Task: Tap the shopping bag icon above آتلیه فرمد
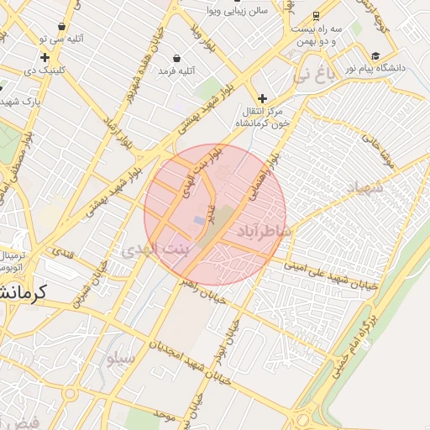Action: pos(177,58)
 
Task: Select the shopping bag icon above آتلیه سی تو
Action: pos(62,27)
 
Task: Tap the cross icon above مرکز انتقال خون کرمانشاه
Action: pos(263,98)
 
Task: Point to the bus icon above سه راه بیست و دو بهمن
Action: pos(316,15)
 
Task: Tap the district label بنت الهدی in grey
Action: pos(156,250)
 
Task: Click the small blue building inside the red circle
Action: pos(198,220)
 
